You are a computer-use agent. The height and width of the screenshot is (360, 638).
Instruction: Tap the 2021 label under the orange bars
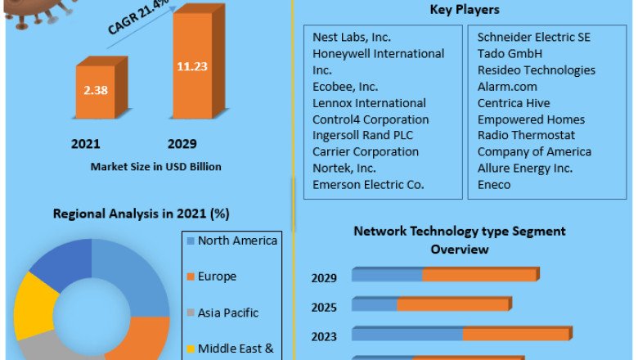(x=86, y=144)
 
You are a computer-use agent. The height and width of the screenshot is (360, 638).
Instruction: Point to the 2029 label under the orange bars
(x=182, y=144)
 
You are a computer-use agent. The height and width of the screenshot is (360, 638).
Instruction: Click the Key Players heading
(x=465, y=10)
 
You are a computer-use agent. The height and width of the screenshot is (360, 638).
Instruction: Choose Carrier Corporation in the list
(x=366, y=152)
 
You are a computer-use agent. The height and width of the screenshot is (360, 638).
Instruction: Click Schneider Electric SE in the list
(x=534, y=38)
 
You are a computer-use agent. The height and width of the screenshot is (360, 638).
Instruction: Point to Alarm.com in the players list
(x=507, y=87)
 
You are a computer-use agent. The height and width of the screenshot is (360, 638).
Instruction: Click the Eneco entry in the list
(x=494, y=185)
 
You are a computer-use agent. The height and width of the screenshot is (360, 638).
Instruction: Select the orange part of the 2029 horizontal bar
(x=480, y=275)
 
